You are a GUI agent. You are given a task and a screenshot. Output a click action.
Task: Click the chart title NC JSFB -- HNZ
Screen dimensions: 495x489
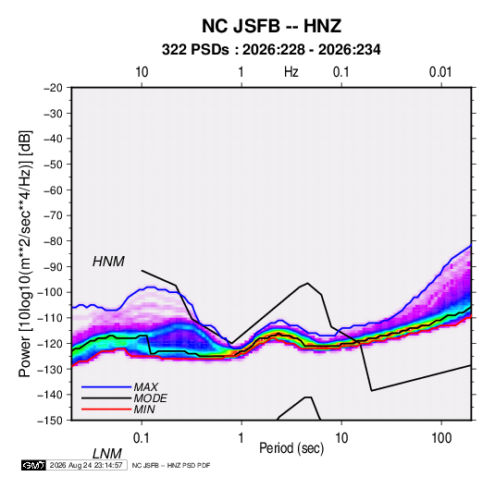(271, 26)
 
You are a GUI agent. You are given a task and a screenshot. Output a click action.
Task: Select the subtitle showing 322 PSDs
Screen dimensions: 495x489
(271, 50)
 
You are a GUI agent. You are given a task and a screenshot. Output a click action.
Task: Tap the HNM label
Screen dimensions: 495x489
(108, 262)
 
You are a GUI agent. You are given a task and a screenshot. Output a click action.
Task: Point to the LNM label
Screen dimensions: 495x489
(106, 454)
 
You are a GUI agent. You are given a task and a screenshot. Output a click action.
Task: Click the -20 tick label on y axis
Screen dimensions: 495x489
(53, 88)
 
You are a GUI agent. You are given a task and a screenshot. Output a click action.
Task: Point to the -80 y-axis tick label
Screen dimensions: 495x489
(53, 241)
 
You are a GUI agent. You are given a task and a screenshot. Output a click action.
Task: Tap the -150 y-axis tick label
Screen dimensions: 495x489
(50, 421)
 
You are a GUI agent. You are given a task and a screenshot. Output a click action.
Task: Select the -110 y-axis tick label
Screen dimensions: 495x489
(50, 318)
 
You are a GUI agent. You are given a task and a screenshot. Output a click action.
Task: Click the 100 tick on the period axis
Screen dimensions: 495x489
(441, 438)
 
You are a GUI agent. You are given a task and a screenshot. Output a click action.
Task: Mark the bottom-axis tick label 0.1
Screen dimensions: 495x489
(142, 438)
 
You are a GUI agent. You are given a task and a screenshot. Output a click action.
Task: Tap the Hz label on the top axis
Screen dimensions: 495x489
(291, 72)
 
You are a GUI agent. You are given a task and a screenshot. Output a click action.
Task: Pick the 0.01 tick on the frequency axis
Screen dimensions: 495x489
(440, 72)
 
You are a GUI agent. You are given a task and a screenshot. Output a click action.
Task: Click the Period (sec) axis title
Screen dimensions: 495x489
(291, 448)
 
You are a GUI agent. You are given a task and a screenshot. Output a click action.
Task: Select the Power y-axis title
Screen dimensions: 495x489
(25, 254)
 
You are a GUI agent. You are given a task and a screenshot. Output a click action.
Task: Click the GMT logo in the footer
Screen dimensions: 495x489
(33, 465)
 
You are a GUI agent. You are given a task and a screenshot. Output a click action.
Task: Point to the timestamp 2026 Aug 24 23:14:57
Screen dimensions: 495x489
(86, 465)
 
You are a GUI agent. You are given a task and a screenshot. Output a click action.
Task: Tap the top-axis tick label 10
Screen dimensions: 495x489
(142, 72)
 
